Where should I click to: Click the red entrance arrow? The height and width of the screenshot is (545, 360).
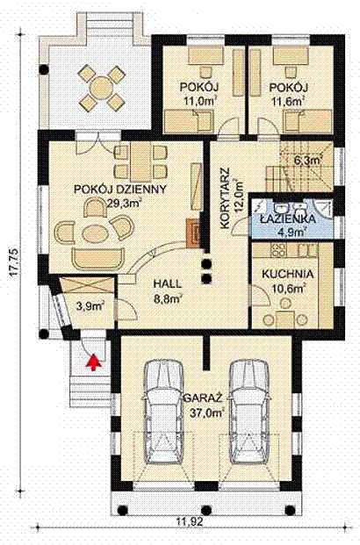pos(94,362)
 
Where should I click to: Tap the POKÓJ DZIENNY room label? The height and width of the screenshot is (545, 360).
pos(120,190)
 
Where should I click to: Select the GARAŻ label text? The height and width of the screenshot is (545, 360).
pos(203,398)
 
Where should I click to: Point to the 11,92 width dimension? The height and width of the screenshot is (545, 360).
pos(190,521)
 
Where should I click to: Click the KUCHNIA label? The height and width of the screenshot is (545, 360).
pos(288,274)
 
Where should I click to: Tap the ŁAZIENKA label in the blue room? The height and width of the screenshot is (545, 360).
pos(288,219)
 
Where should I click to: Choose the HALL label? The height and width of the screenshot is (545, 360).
pos(168,284)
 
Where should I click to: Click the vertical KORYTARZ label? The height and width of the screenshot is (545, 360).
pos(226,198)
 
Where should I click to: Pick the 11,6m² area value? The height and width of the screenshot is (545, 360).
pos(289,102)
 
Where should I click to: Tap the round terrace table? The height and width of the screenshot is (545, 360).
pos(101,87)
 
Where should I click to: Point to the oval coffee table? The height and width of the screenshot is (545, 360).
pos(93,233)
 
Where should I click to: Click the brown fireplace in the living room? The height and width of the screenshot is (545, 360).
pos(194,233)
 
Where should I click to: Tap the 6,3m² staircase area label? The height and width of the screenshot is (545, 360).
pos(307,161)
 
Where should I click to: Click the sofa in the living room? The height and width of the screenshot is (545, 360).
pos(98,259)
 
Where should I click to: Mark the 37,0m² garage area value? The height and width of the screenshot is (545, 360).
pos(206,413)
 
